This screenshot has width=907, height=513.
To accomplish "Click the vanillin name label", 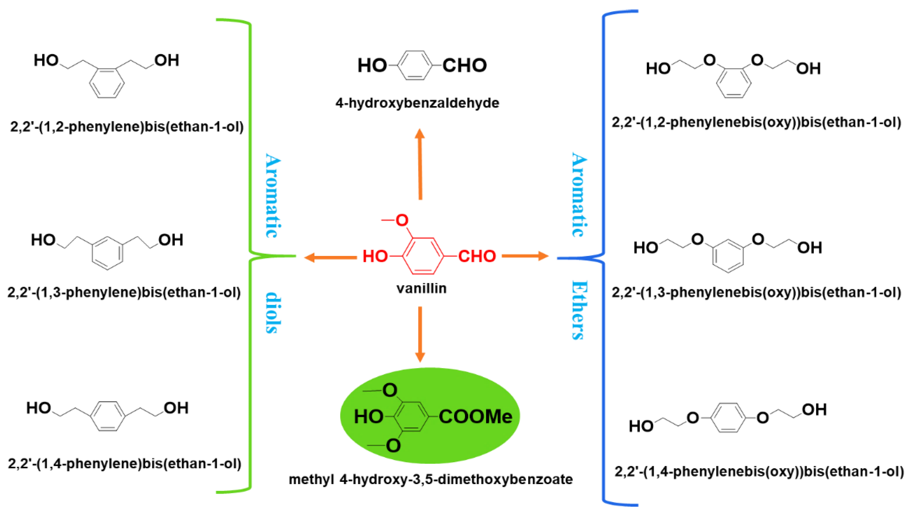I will coord(421,289).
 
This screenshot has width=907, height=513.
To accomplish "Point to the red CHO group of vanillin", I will coord(477,256).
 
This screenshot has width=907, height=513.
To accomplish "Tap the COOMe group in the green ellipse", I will coord(475,416).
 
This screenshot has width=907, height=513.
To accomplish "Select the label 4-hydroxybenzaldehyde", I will coord(417,103).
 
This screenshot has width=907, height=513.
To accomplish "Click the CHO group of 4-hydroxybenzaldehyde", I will coord(464,65).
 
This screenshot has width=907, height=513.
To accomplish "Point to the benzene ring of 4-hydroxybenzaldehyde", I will coord(415,65).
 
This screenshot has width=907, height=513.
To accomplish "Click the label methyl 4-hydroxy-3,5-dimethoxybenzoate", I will coord(431,479).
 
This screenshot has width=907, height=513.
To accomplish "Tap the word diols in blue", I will coord(273,312).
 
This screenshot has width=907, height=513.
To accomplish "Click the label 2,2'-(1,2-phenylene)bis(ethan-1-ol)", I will coord(127,126).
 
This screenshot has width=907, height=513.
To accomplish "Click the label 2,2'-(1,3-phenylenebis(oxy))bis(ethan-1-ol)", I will coord(756,292).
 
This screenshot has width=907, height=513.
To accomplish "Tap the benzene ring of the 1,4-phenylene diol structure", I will coord(108,416).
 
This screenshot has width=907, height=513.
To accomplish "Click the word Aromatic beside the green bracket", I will coord(273,196).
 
